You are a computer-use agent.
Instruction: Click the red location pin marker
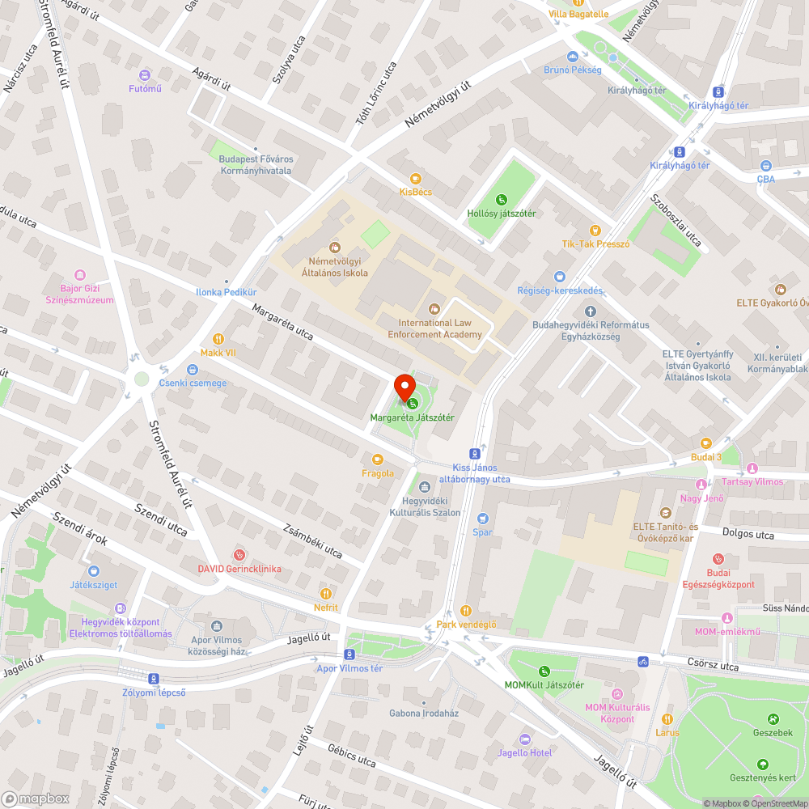(404, 387)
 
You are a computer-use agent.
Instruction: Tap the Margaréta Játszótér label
(412, 417)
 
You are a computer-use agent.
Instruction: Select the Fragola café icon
(377, 460)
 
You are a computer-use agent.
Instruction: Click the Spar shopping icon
(483, 519)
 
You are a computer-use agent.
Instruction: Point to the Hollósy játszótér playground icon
(501, 199)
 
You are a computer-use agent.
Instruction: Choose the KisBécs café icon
(416, 178)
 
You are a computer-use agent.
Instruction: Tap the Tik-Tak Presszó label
(595, 244)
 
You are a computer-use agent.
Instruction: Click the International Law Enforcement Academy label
(434, 328)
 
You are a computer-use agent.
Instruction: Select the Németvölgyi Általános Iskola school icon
(334, 248)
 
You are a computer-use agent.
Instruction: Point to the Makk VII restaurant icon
(218, 339)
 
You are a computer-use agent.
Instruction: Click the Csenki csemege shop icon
(169, 369)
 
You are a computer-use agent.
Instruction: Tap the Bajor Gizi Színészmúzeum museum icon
(79, 275)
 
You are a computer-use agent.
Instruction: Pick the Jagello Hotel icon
(525, 739)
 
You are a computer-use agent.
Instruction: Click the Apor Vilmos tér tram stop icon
(349, 654)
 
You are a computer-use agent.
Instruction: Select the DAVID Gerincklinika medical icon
(239, 555)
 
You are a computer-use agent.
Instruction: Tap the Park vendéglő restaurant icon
(465, 610)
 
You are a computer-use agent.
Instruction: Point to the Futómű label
(145, 89)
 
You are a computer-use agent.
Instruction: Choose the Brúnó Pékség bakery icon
(572, 56)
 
